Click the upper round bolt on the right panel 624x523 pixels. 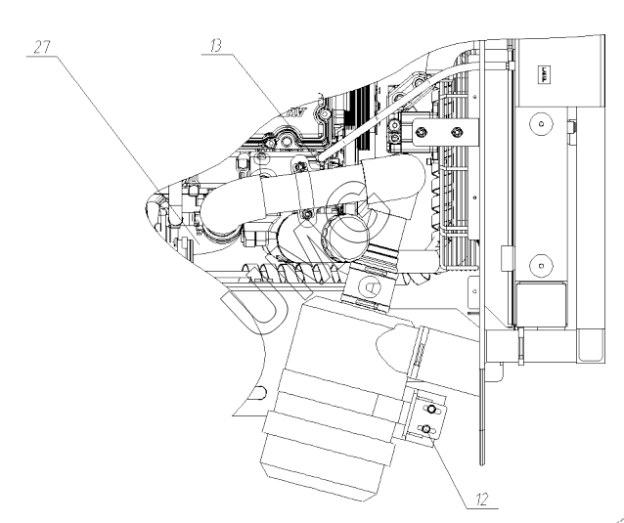[536, 124]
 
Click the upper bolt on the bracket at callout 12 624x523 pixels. [426, 411]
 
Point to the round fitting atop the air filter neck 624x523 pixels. [372, 285]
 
